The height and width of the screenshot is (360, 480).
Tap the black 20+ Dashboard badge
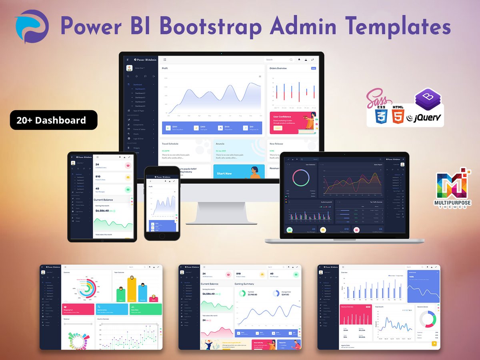pyautogui.click(x=54, y=120)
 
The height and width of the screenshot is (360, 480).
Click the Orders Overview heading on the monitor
pyautogui.click(x=278, y=68)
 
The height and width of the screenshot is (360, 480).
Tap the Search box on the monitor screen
pyautogui.click(x=279, y=60)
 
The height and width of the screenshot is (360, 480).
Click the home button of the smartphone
pyautogui.click(x=162, y=236)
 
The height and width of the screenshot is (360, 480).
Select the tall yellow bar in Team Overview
pyautogui.click(x=132, y=290)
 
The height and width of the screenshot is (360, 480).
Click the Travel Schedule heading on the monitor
pyautogui.click(x=170, y=144)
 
